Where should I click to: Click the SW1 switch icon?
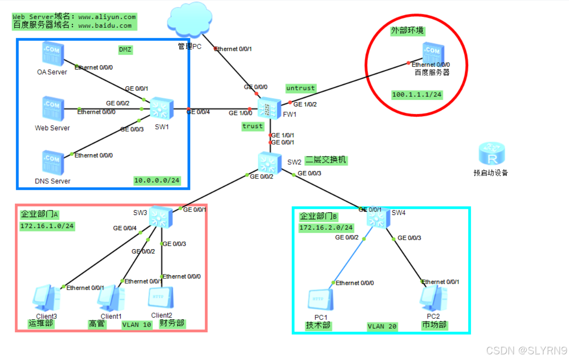[162, 108]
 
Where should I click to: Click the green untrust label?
[301, 88]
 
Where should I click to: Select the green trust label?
[253, 126]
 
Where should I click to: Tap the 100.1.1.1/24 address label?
[417, 95]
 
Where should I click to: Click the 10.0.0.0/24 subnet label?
[157, 180]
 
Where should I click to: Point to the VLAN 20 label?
[382, 327]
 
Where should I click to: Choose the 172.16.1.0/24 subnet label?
[47, 226]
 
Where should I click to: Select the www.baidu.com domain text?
[105, 26]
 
